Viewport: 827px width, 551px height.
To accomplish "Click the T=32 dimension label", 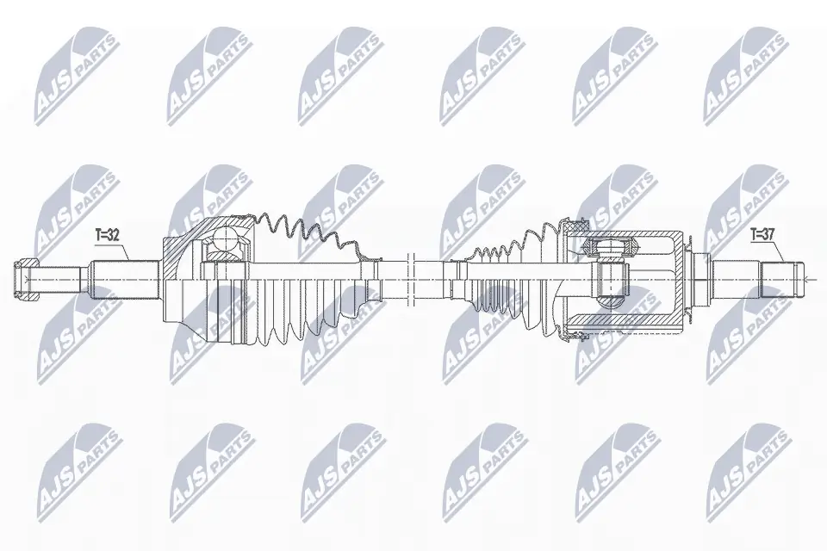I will pos(107,232).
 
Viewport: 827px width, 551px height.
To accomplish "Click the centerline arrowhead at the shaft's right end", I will pos(808,278).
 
